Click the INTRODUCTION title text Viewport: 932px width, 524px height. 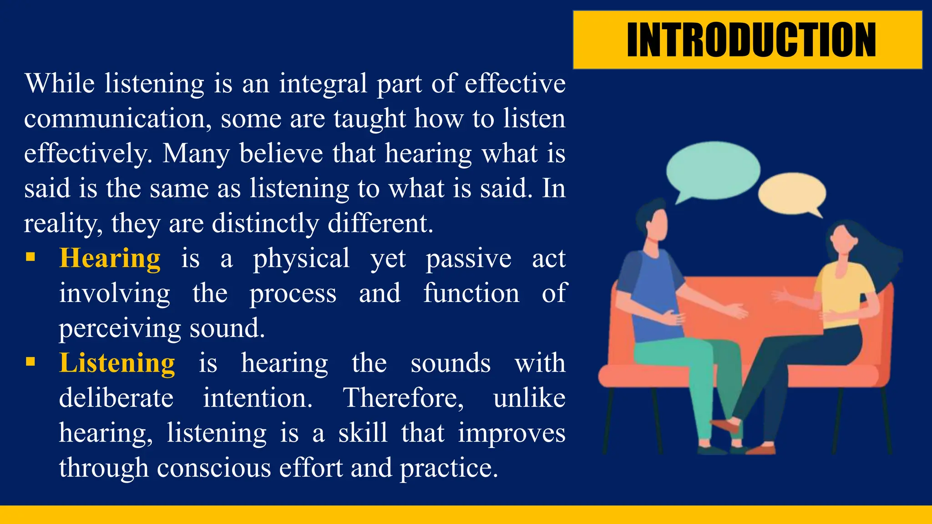pos(751,40)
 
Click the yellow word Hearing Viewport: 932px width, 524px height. pos(110,258)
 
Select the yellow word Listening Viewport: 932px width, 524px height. pos(117,363)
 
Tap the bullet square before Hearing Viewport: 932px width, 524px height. pos(30,257)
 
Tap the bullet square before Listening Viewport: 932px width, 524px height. pos(30,362)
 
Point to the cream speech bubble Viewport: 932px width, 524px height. pos(792,193)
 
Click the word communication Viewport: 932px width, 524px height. pos(117,119)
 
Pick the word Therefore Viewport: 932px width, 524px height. pos(403,398)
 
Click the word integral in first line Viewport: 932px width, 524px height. pos(323,84)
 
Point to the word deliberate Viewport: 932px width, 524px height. pos(116,398)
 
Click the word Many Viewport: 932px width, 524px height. pos(196,154)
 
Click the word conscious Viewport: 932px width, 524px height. pos(214,468)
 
